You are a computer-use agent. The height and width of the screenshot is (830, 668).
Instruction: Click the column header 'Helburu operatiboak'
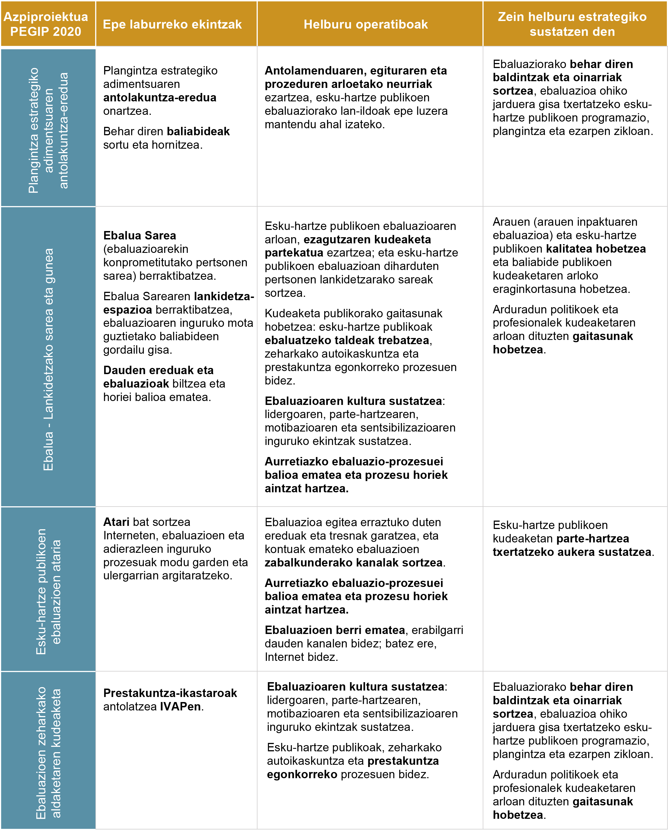[365, 24]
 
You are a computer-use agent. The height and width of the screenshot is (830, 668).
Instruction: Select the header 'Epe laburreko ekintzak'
[172, 24]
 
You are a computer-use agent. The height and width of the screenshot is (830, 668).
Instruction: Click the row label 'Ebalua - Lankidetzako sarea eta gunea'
[48, 359]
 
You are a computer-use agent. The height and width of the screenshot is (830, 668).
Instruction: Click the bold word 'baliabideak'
[198, 131]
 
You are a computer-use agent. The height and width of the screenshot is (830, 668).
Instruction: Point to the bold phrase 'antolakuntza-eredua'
[160, 97]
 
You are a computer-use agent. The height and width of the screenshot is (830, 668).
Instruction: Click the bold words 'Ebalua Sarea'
[139, 235]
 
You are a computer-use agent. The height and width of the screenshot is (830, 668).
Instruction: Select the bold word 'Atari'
[116, 522]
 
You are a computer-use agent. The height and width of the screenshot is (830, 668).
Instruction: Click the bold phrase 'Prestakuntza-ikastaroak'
[170, 693]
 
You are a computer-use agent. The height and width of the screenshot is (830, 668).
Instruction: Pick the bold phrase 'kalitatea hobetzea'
[596, 249]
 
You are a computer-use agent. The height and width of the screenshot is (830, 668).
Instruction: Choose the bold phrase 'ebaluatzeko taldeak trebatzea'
[347, 340]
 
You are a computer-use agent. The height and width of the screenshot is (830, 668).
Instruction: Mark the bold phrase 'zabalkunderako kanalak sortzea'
[353, 563]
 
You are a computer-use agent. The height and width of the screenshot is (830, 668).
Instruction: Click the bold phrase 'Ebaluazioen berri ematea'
[335, 630]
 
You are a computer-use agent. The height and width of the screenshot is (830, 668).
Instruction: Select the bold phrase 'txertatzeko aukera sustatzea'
[572, 552]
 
